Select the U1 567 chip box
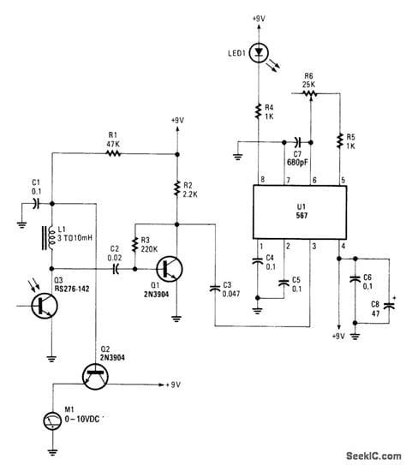pos(294,212)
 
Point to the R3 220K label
pos(150,244)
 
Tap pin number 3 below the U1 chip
pos(313,247)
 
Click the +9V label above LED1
pos(257,18)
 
